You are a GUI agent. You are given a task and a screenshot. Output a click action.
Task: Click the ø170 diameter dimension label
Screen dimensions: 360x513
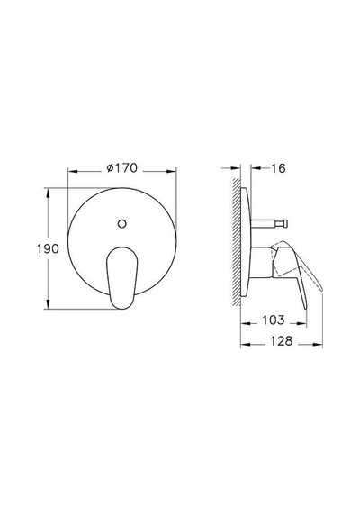122,167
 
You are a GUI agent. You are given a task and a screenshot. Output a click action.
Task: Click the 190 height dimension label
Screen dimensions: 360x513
48,248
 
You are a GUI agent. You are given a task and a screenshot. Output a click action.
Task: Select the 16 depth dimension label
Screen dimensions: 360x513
278,168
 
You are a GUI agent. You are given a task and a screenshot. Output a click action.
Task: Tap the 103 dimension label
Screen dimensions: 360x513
274,320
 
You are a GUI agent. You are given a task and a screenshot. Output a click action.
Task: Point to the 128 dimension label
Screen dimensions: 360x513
281,341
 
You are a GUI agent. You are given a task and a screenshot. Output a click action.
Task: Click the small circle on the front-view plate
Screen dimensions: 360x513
121,224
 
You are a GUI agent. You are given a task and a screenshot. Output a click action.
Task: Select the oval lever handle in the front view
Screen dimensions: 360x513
121,277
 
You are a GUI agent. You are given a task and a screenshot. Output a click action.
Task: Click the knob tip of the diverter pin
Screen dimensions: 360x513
285,223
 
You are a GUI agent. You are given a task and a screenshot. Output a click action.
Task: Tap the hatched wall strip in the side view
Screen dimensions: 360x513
237,242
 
